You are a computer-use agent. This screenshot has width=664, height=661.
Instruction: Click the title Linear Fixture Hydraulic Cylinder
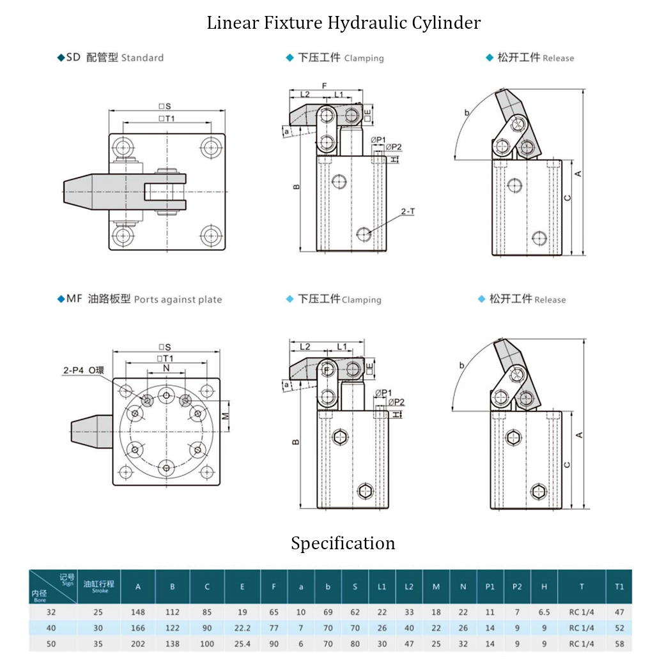[x=343, y=24]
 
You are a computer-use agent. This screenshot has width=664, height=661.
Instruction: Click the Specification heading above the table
[x=343, y=543]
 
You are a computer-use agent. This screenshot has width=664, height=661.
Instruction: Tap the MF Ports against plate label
[x=140, y=299]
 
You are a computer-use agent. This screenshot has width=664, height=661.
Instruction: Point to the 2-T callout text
[x=408, y=211]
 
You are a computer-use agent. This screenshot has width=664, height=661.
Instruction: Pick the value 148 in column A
[x=138, y=612]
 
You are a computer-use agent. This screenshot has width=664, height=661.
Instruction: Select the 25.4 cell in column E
[x=242, y=644]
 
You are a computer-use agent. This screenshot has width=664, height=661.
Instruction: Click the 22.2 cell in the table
[x=242, y=628]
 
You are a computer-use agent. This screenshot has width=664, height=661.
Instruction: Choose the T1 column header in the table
[x=619, y=586]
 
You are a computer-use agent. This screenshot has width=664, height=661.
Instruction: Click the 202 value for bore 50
[x=138, y=644]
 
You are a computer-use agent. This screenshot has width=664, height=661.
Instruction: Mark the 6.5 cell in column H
[x=544, y=612]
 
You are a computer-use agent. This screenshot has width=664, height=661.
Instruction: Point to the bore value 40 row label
[x=51, y=628]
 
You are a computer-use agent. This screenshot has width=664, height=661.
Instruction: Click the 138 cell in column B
[x=173, y=644]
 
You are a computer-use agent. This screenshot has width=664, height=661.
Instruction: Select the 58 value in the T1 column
[x=619, y=644]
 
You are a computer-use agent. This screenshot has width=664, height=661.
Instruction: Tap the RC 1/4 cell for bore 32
[x=582, y=612]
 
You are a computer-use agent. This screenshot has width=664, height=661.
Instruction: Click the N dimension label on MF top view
[x=166, y=368]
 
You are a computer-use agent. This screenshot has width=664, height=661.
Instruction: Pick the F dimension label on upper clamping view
[x=324, y=86]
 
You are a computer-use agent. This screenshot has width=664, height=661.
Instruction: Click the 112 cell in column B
[x=173, y=612]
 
